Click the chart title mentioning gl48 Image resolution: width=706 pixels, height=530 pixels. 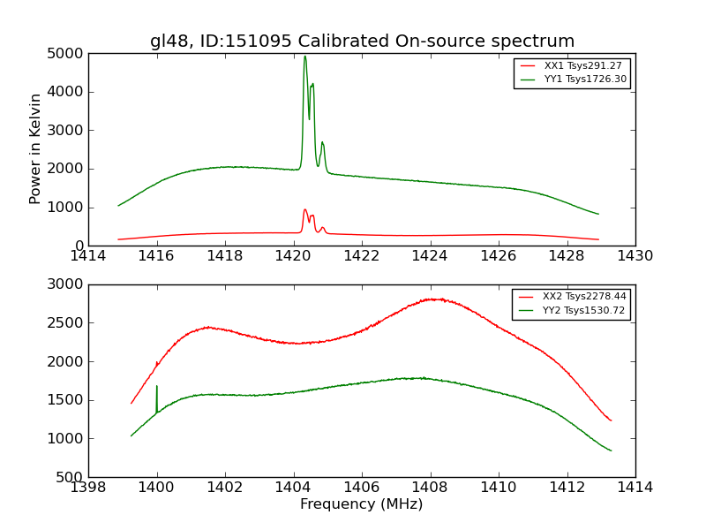pos(362,42)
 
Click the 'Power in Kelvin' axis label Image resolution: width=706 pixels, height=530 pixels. pos(36,148)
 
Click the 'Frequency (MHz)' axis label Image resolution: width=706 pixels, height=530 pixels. pos(361,504)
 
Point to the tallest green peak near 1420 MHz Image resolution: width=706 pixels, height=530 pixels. pos(305,57)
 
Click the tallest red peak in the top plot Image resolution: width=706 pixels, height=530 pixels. pos(304,210)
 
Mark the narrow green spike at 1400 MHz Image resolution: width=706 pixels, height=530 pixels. pos(157,387)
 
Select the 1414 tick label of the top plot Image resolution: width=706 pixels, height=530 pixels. pos(88,256)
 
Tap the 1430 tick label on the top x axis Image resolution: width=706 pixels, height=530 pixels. pos(635,256)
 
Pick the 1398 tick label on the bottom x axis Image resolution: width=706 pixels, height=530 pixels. pos(88,488)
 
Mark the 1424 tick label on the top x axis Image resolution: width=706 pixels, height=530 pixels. pos(430,256)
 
